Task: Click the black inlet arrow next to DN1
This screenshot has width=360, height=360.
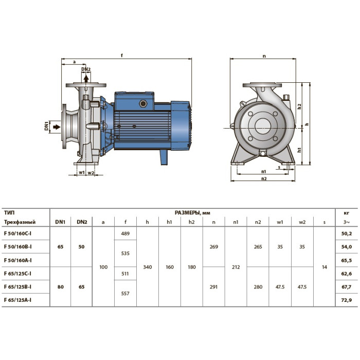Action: pyautogui.click(x=57, y=127)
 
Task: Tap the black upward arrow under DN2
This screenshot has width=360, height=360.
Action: pyautogui.click(x=86, y=79)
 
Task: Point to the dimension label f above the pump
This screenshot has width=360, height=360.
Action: pyautogui.click(x=122, y=56)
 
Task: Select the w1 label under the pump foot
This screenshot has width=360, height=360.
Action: pyautogui.click(x=82, y=172)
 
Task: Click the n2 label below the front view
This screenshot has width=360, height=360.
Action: pyautogui.click(x=264, y=178)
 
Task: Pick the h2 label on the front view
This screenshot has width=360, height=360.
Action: pyautogui.click(x=299, y=106)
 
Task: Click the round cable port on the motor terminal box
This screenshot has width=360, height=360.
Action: pyautogui.click(x=143, y=104)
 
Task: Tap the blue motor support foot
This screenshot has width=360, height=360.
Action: pyautogui.click(x=164, y=157)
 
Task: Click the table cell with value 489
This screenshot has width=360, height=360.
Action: pyautogui.click(x=125, y=233)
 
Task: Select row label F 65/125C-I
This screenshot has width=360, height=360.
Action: pyautogui.click(x=17, y=274)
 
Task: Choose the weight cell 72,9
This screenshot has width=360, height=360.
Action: pyautogui.click(x=347, y=300)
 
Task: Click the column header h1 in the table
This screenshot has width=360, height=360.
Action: pyautogui.click(x=169, y=222)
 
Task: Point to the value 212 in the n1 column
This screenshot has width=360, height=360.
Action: pyautogui.click(x=236, y=267)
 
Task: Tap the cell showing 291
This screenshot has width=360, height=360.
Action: pyautogui.click(x=213, y=287)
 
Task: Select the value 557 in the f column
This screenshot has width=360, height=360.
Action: pyautogui.click(x=125, y=294)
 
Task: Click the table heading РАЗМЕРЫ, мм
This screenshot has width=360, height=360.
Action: pyautogui.click(x=192, y=213)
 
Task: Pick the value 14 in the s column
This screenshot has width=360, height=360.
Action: pyautogui.click(x=325, y=267)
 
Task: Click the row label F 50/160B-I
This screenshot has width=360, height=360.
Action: pyautogui.click(x=18, y=246)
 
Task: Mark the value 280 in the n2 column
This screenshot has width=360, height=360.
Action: pyautogui.click(x=258, y=287)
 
